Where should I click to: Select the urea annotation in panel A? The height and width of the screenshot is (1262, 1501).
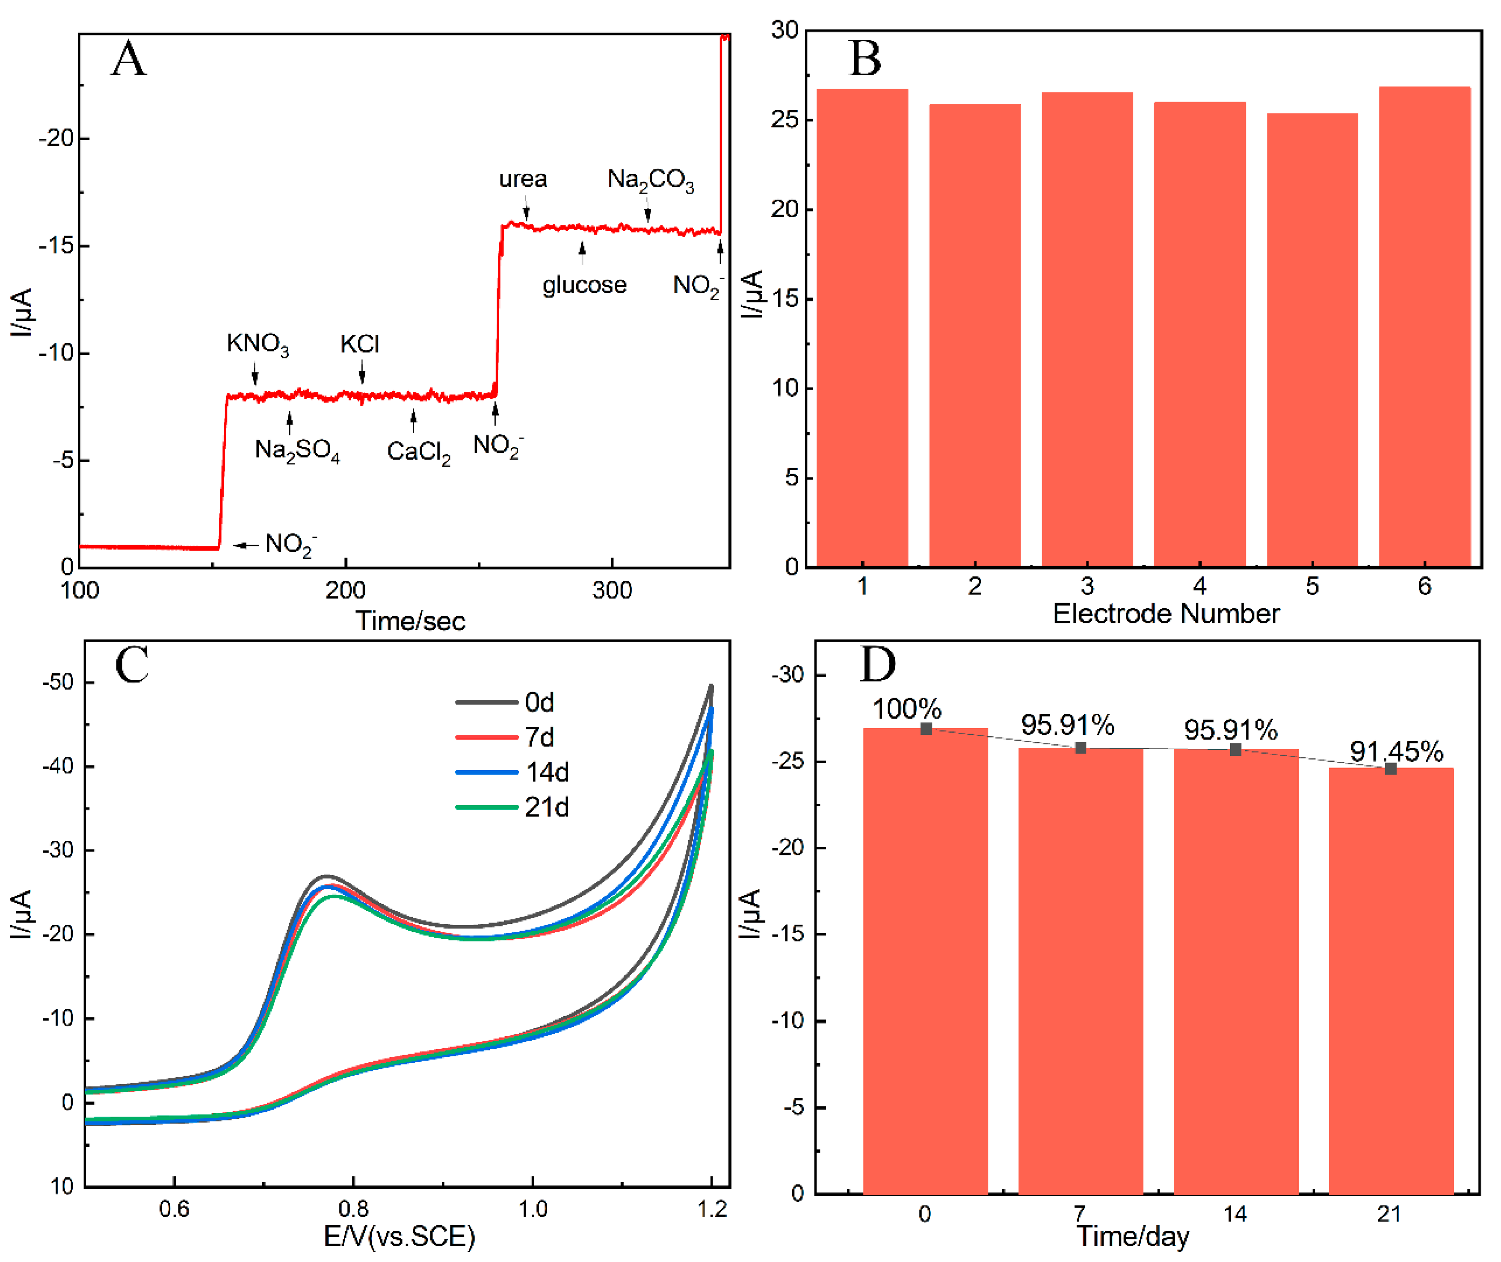point(523,179)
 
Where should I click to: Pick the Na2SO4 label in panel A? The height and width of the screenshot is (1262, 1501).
point(297,451)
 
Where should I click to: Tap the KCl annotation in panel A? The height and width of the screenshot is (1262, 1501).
point(359,344)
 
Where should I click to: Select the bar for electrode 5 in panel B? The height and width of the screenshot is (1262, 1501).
point(1312,340)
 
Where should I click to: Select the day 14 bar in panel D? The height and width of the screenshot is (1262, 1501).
point(1235,973)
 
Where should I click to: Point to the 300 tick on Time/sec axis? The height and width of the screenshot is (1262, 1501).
point(612,591)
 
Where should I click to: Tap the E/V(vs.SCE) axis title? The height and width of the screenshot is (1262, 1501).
point(400,1236)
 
